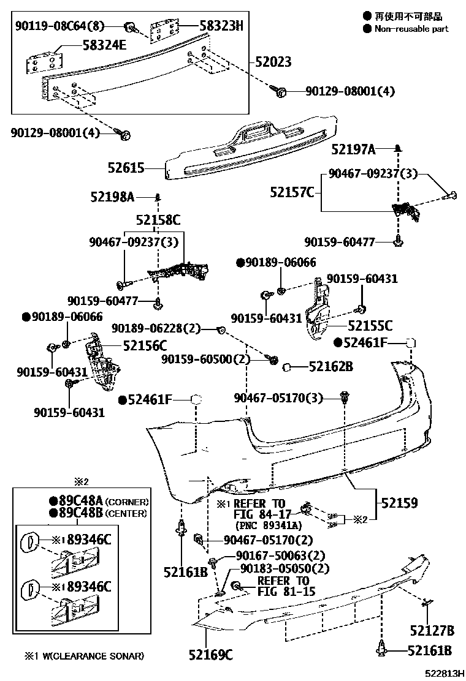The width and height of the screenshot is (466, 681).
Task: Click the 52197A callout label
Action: tap(353, 149)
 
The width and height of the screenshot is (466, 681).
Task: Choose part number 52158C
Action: tap(158, 219)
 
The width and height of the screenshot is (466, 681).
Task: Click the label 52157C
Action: tap(292, 192)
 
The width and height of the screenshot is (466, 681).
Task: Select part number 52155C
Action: tap(370, 326)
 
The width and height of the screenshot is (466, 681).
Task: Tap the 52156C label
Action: tap(145, 345)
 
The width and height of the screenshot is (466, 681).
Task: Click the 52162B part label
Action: tap(330, 367)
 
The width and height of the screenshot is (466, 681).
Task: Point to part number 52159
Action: tap(399, 503)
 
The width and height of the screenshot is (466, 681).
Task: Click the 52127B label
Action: tap(432, 630)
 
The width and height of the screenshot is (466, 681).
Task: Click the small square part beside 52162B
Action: tap(286, 367)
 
